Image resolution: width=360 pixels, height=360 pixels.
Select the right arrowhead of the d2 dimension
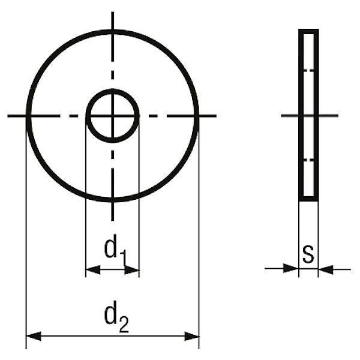point(191,337)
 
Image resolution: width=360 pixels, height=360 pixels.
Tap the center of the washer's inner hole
point(113,115)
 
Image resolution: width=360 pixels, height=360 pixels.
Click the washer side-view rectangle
point(308,115)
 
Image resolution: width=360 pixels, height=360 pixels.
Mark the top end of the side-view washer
point(308,30)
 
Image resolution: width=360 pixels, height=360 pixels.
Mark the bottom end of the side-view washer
point(308,199)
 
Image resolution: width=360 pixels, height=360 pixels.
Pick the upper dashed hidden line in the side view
point(308,71)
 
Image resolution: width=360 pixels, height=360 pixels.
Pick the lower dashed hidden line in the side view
point(308,160)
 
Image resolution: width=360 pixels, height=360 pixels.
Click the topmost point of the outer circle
point(113,30)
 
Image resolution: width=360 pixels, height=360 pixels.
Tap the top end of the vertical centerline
point(113,12)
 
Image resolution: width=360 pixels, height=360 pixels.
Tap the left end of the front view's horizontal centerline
point(9,115)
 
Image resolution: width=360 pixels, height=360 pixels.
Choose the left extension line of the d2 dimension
point(26,240)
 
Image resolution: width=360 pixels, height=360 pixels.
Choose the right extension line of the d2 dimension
point(199,240)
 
